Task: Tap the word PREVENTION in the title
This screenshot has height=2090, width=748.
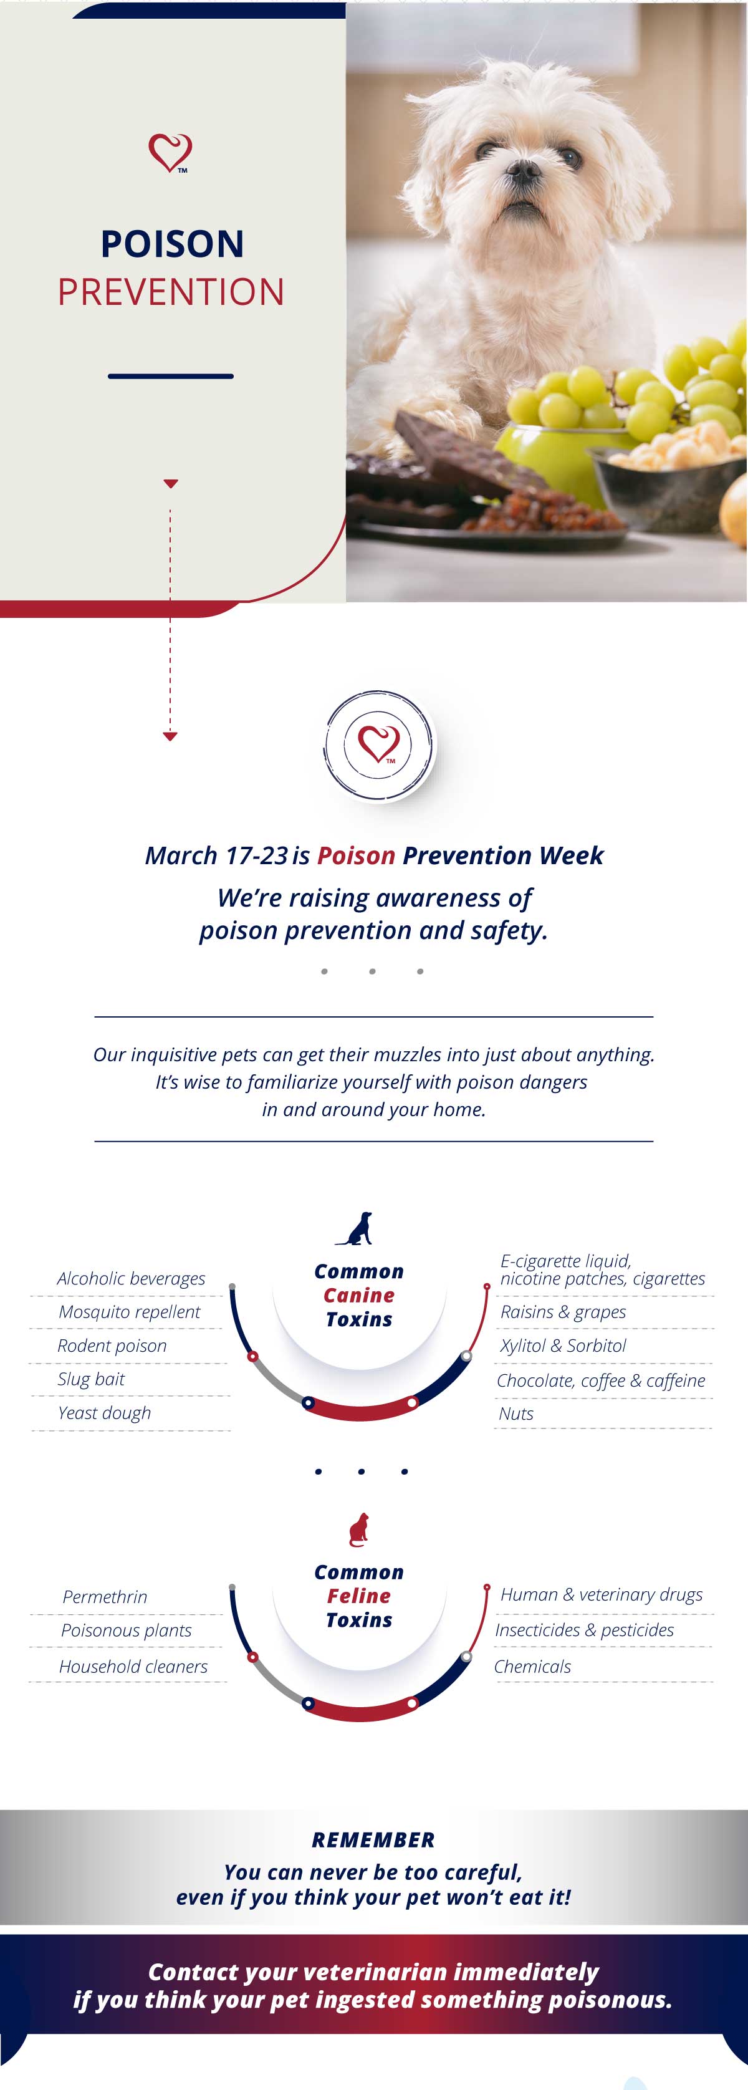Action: click(171, 292)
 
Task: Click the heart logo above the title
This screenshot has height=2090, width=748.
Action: click(170, 153)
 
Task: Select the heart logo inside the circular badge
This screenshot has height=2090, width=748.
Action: click(379, 743)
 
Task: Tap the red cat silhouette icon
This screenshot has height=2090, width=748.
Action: click(358, 1529)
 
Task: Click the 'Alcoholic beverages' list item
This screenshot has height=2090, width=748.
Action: click(132, 1279)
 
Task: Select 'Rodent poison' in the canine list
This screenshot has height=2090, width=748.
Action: click(112, 1346)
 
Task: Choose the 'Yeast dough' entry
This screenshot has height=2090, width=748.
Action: click(105, 1413)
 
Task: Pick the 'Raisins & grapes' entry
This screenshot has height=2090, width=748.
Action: click(563, 1312)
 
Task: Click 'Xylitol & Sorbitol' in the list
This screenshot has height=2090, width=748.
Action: click(563, 1346)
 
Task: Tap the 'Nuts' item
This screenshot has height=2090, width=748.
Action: click(516, 1413)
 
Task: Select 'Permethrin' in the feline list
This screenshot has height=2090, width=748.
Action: click(105, 1597)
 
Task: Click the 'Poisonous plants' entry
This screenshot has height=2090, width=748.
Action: click(127, 1630)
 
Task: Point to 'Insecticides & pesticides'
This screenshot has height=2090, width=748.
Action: click(584, 1630)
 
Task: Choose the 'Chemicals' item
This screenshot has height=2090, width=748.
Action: click(532, 1667)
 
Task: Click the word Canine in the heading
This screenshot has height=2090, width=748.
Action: click(358, 1296)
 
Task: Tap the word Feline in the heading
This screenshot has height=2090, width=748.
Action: click(358, 1596)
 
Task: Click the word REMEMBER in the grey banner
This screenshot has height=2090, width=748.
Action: click(373, 1839)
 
